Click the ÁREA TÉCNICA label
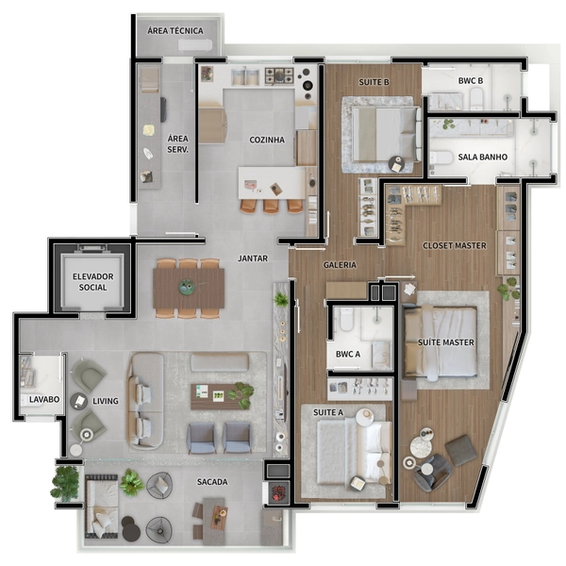[x=175, y=31]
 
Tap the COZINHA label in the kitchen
[x=267, y=140]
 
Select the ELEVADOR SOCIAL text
[x=93, y=282]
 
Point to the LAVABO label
[x=44, y=399]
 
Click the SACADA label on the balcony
[x=212, y=482]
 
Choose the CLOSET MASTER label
[x=455, y=246]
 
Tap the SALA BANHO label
[x=483, y=157]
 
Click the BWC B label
[x=471, y=81]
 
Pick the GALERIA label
[x=340, y=265]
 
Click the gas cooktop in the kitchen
[x=279, y=75]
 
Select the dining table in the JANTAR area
[x=189, y=288]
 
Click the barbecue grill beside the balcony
[x=278, y=492]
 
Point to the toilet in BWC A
[x=346, y=319]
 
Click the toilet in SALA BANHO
[x=441, y=158]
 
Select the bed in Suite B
[x=387, y=134]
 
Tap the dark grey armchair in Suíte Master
[x=432, y=473]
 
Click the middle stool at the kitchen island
[x=271, y=205]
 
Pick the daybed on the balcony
[x=101, y=506]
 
